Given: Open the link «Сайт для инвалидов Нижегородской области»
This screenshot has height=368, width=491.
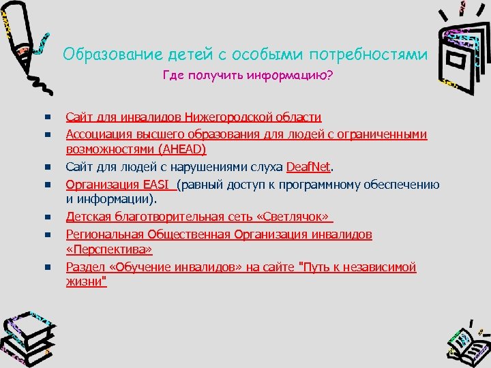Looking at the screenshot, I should [193, 117].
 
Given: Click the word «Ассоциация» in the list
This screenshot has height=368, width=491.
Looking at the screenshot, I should [98, 134].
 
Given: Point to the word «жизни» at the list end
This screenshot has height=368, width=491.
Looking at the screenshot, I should [86, 281].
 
